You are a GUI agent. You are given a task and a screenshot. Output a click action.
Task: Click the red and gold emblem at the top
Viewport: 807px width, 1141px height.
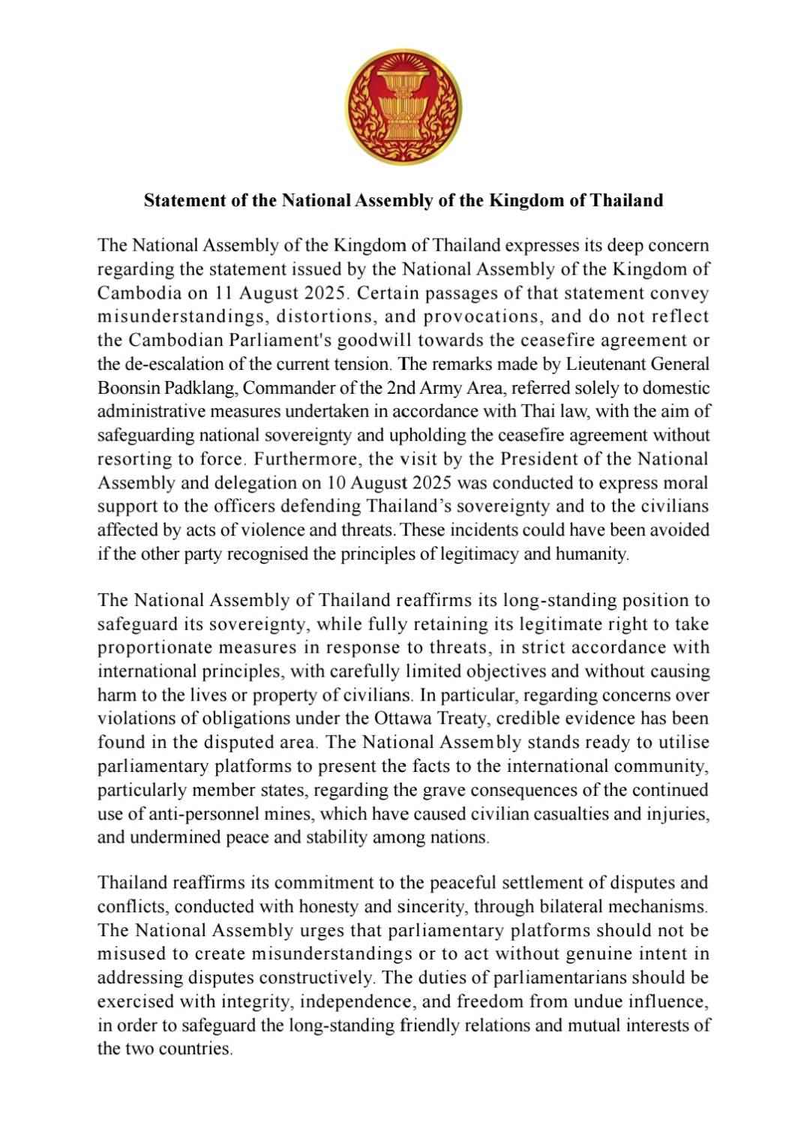tap(403, 102)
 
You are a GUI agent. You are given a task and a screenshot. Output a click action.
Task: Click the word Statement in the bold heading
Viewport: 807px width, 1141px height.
tap(179, 200)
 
